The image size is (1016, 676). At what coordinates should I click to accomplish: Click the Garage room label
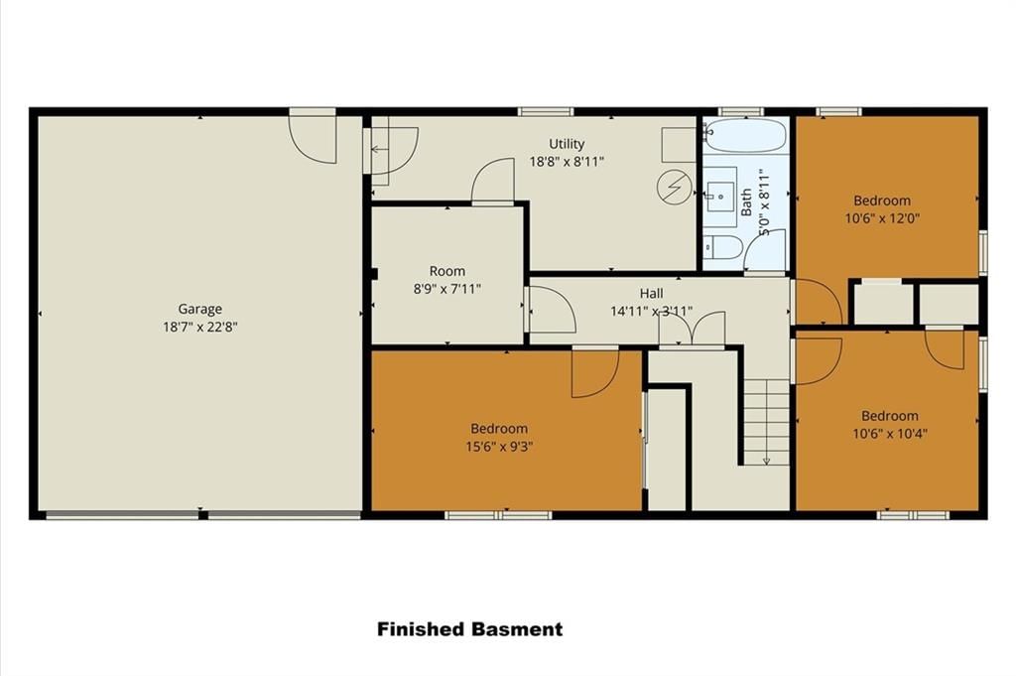[200, 309]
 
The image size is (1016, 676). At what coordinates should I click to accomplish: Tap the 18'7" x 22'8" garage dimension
[200, 327]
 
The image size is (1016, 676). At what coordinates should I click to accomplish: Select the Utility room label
[567, 144]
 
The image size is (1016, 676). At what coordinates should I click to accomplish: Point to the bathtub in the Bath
[745, 135]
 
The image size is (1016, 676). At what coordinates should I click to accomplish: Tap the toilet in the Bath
[723, 247]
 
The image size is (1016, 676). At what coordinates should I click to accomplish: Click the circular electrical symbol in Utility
[675, 188]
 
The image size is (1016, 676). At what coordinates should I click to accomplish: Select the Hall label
[651, 294]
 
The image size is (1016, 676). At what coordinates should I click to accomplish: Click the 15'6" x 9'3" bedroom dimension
[499, 446]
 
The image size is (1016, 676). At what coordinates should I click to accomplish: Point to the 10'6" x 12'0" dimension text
[882, 218]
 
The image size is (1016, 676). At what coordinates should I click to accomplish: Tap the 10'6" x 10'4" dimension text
[890, 433]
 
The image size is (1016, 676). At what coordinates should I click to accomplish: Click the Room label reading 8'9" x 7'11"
[447, 271]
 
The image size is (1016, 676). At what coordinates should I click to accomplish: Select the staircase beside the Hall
[766, 422]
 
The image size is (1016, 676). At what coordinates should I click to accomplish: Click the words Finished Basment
[469, 629]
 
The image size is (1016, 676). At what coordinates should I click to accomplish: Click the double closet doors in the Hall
[692, 330]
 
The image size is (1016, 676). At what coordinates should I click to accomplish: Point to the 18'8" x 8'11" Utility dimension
[567, 162]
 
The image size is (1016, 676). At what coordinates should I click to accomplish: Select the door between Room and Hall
[551, 310]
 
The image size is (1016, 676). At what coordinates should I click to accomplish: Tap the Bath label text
[746, 203]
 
